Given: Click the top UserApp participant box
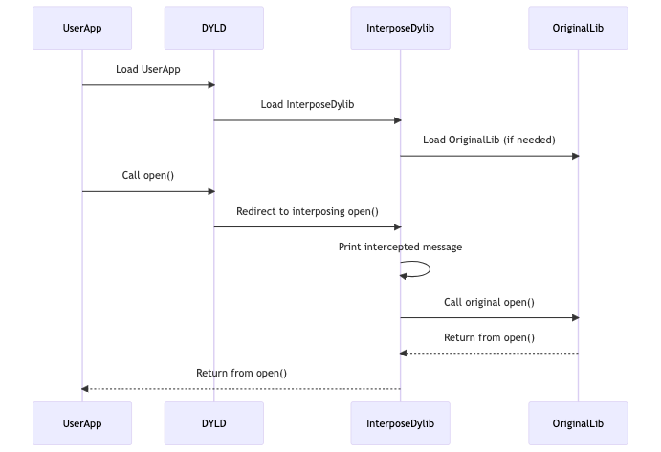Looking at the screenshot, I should (81, 27).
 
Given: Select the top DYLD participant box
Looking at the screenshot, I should (213, 27).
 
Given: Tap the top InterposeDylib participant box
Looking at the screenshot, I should (400, 27).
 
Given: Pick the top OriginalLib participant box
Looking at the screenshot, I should (578, 27).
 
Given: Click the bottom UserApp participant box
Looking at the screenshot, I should (81, 421).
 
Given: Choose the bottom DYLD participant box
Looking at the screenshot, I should (213, 421).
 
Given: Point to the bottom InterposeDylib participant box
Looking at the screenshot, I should (400, 421).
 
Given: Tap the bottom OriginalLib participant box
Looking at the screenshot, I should (578, 421).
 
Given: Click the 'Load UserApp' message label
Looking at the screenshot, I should (148, 70).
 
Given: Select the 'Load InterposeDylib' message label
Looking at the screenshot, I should (307, 104).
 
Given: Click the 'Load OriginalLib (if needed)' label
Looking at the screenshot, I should (489, 140).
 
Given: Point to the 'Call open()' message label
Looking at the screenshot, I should (148, 176).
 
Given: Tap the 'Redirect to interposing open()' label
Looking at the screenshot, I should (307, 211).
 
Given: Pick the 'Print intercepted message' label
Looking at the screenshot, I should (400, 247).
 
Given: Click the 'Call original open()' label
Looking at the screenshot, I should (489, 302).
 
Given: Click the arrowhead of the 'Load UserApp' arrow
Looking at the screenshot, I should (210, 85).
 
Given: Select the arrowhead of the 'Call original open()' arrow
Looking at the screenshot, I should (574, 317).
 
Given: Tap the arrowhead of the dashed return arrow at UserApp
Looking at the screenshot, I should (86, 389).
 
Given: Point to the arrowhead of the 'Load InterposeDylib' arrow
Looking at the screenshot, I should (396, 120).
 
